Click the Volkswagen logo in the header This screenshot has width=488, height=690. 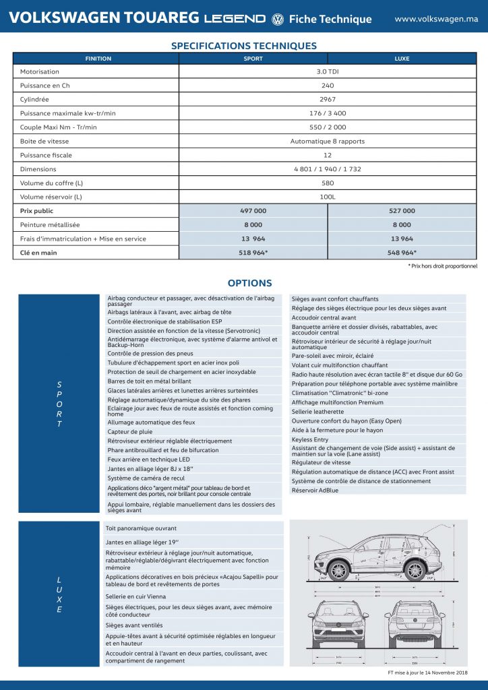point(277,20)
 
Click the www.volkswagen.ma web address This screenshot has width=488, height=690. point(436,19)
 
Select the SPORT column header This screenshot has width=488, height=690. point(253,59)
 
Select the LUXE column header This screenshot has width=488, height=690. point(402,59)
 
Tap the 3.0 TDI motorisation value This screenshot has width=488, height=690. point(328,71)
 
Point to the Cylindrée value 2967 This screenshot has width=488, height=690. point(328,99)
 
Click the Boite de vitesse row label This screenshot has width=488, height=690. point(44,142)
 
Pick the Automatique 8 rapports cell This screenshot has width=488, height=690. point(328,142)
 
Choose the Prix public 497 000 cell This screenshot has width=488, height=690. point(253,211)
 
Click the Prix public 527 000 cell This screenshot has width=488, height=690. point(402,211)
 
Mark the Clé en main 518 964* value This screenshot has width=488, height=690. point(253,253)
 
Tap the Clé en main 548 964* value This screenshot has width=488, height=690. point(402,253)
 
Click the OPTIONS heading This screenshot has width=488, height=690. point(249,284)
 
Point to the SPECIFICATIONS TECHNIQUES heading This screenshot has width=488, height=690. point(244,46)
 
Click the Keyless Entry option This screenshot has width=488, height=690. point(310,439)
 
